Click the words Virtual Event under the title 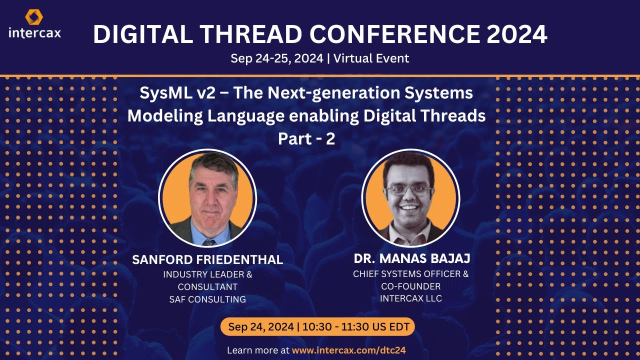coord(371,58)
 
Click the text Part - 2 coord(306,139)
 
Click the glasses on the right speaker coord(409,190)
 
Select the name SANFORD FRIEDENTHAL coord(207,260)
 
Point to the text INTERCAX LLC coord(410,298)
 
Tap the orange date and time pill coord(318,327)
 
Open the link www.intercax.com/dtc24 coord(348,350)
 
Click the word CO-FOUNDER coord(410,286)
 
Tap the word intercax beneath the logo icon coord(34,33)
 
